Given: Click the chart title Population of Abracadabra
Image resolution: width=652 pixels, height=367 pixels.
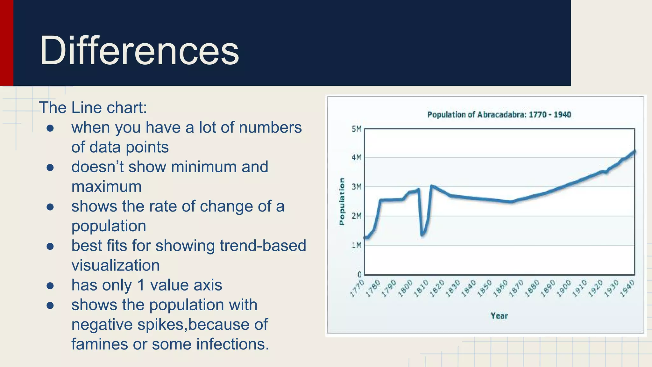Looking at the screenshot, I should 499,115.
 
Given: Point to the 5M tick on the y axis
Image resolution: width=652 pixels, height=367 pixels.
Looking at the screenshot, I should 357,129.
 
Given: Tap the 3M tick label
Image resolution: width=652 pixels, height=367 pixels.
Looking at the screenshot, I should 357,187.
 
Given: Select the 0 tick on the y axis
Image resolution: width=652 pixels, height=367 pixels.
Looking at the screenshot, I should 359,274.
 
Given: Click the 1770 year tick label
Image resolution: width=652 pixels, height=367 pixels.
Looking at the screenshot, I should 357,288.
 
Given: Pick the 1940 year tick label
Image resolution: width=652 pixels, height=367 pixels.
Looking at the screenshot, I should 627,288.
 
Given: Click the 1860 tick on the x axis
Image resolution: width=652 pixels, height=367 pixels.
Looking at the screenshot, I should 500,288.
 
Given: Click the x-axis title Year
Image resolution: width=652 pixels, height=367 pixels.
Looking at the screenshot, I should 499,316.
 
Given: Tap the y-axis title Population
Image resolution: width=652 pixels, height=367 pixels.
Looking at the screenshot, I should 342,201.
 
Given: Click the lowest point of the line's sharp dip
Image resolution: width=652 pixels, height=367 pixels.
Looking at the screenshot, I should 422,235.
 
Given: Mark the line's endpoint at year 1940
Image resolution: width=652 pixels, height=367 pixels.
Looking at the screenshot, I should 634,152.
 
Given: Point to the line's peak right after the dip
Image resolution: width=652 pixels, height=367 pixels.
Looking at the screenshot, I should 432,186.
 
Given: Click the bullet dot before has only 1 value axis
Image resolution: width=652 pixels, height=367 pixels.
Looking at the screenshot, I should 50,285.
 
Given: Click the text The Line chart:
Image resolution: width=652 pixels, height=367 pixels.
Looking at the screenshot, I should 93,108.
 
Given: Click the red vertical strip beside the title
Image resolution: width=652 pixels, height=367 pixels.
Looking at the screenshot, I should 6,43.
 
